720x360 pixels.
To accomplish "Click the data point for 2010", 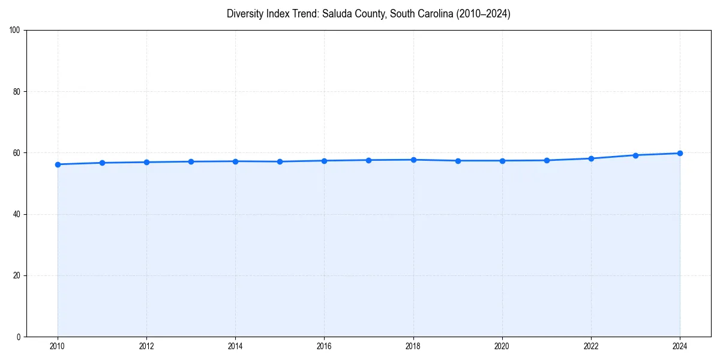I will tap(58, 164).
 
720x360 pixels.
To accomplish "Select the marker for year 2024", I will tap(680, 153).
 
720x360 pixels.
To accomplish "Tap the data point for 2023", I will tap(635, 155).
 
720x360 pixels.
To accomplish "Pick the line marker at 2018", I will tap(413, 160).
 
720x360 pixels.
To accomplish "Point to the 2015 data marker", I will tap(280, 161).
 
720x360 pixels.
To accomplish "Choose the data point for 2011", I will tap(102, 163).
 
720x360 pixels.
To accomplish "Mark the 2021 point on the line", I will tap(547, 160).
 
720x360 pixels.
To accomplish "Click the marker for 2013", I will tap(191, 161).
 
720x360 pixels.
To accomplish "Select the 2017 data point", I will tap(368, 160).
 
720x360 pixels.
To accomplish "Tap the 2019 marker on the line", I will tap(458, 161).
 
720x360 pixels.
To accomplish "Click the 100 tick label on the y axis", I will tap(16, 31).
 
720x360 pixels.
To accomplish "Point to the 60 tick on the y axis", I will tap(17, 153).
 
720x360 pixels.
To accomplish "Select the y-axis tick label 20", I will tap(17, 275).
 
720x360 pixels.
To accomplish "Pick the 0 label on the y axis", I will tap(19, 337).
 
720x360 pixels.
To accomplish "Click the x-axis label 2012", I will tap(146, 346).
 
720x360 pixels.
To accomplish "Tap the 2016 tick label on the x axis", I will tap(324, 346).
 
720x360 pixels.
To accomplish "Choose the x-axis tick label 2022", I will tap(591, 346).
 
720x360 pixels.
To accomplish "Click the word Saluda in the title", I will tap(336, 14).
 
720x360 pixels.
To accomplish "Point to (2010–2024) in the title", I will tap(479, 14).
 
